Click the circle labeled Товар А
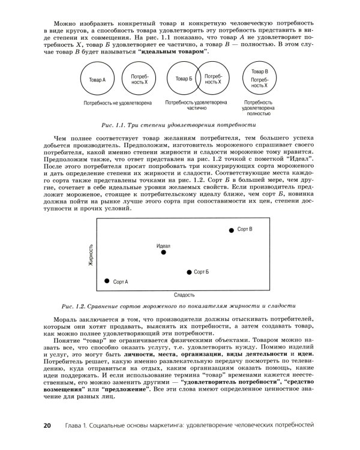point(96,79)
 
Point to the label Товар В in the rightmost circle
point(259,71)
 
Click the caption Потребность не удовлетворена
point(117,103)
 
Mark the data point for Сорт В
point(231,230)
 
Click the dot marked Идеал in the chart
point(163,253)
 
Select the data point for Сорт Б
point(189,272)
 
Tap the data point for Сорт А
point(107,281)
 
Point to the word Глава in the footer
point(72,425)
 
